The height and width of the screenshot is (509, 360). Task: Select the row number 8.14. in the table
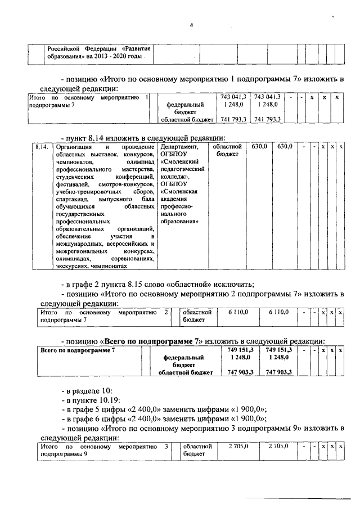[40, 147]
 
